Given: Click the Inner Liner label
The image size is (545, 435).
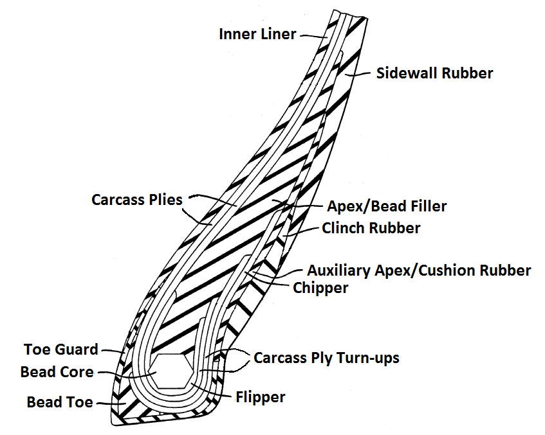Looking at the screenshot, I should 257,33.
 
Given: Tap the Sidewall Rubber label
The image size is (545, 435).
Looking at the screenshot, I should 434,73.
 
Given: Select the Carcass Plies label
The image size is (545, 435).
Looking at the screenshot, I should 137,200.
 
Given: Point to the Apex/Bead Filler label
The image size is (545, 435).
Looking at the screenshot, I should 387,206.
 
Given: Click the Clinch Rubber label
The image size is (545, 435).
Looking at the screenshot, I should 371,227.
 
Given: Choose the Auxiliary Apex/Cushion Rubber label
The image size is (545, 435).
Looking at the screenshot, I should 419,270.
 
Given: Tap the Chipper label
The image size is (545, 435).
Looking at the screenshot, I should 320,287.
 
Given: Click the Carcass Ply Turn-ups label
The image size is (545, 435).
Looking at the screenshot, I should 326,357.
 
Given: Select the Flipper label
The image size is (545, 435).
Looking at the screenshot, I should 260,397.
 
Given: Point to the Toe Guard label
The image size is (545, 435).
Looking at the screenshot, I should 61,350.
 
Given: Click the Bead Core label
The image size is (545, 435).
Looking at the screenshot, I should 57,372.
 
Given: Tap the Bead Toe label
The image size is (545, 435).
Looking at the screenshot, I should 60,402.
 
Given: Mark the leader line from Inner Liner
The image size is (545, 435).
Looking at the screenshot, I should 312,37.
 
